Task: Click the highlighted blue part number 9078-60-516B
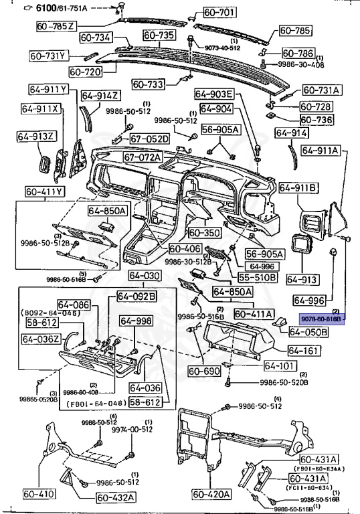tap(323, 320)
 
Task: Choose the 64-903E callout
tap(215, 94)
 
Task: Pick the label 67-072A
tap(143, 157)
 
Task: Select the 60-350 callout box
tap(204, 233)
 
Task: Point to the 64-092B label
tap(137, 296)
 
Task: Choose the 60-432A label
tap(116, 497)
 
